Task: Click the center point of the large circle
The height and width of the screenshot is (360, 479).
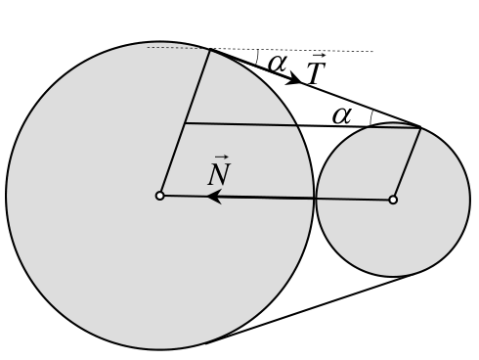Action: pyautogui.click(x=159, y=196)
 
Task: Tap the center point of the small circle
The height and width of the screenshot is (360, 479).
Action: pyautogui.click(x=393, y=200)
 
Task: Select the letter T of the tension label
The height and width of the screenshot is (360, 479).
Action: pyautogui.click(x=316, y=73)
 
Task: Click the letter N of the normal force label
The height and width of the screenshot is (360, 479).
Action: pyautogui.click(x=219, y=174)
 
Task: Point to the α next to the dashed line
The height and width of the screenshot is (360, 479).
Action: pyautogui.click(x=278, y=64)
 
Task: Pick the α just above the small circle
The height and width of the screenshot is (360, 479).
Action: pyautogui.click(x=342, y=115)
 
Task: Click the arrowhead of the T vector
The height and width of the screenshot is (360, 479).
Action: pyautogui.click(x=294, y=78)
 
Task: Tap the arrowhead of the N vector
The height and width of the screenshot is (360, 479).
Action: pyautogui.click(x=215, y=197)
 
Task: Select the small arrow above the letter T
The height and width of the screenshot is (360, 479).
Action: pyautogui.click(x=319, y=57)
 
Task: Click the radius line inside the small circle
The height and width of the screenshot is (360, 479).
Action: pyautogui.click(x=407, y=163)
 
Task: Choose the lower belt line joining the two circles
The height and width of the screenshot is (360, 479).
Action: pyautogui.click(x=310, y=309)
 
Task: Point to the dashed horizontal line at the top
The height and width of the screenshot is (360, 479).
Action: pyautogui.click(x=260, y=50)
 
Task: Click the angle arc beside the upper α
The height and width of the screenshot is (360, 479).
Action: pyautogui.click(x=257, y=57)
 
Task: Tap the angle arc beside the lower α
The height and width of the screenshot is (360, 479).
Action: pyautogui.click(x=370, y=118)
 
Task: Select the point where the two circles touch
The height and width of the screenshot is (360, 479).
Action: pyautogui.click(x=315, y=199)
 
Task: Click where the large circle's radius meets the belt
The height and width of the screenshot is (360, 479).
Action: pyautogui.click(x=210, y=49)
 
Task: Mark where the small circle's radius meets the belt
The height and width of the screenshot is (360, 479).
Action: pyautogui.click(x=420, y=127)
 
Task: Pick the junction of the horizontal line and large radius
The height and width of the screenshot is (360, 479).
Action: pyautogui.click(x=185, y=123)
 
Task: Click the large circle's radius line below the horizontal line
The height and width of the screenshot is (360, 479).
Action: pyautogui.click(x=172, y=159)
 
